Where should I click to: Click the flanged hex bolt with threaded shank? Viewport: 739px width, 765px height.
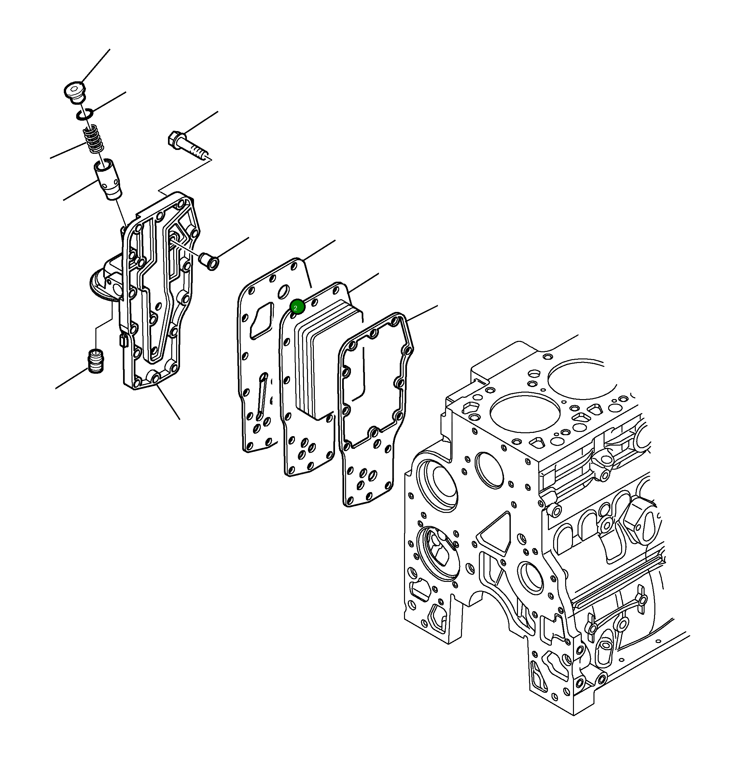pyautogui.click(x=188, y=146)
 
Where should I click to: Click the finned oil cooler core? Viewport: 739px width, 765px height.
pyautogui.click(x=328, y=359)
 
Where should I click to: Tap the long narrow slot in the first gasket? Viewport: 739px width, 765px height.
pyautogui.click(x=262, y=394)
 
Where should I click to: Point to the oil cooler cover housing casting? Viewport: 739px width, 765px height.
pyautogui.click(x=156, y=297)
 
